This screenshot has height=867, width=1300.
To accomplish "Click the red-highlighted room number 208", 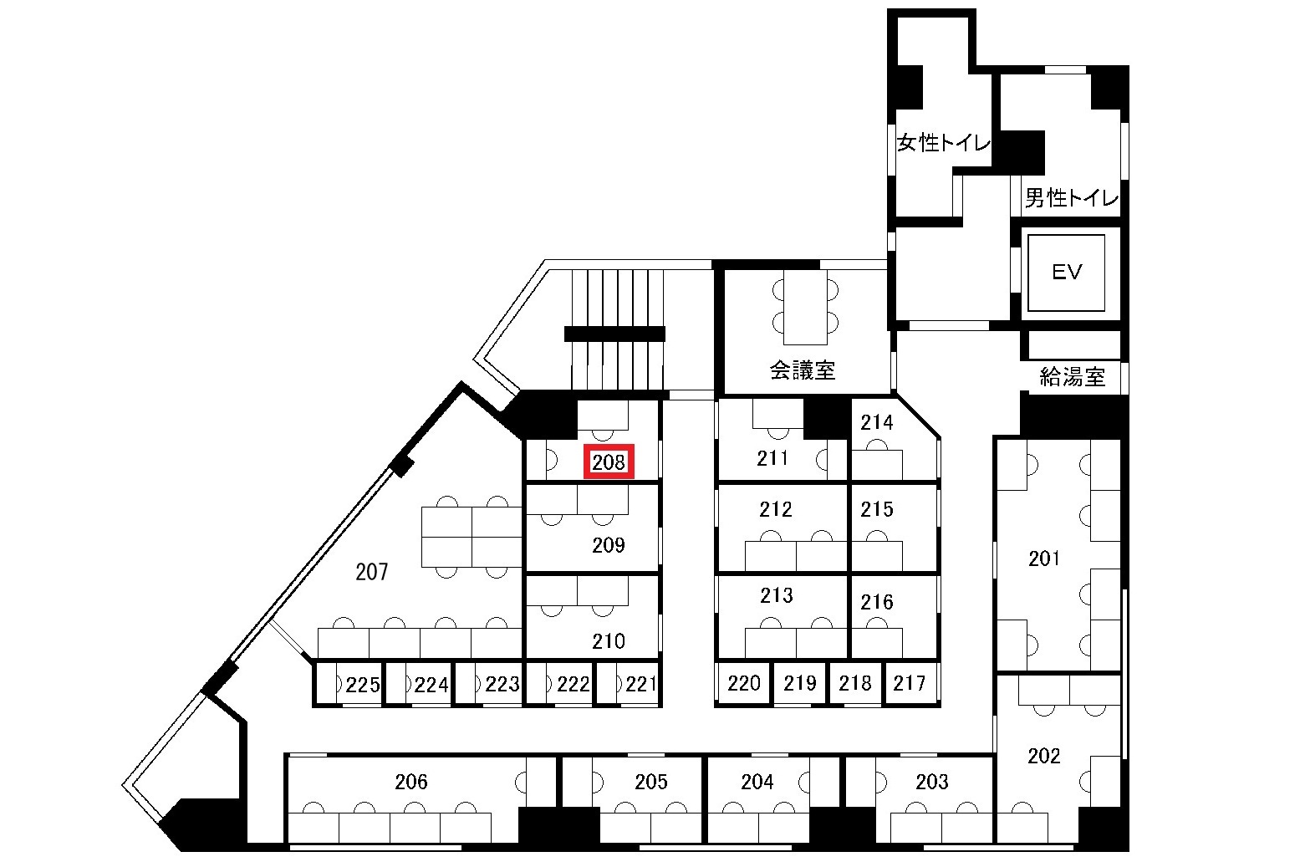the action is tap(609, 462).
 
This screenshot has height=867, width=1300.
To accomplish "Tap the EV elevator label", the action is tap(1067, 272).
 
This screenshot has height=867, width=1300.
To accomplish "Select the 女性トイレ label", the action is tap(943, 142).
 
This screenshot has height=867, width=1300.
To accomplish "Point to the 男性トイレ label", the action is tap(1071, 198).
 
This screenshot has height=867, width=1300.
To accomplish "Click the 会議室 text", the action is tap(803, 370).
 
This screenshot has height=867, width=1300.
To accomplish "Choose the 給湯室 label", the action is tap(1072, 377).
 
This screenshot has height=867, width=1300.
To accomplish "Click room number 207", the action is tap(371, 572).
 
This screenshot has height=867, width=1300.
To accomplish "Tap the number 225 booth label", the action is tap(363, 685).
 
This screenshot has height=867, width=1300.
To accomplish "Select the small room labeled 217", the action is tap(910, 683).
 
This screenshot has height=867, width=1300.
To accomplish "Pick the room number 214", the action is tap(876, 422).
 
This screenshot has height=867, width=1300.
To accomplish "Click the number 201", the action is tap(1044, 558).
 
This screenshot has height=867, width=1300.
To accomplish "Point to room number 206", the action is tap(410, 782).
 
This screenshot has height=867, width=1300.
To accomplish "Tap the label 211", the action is tap(772, 458).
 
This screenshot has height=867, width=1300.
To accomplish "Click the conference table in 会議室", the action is tap(805, 307).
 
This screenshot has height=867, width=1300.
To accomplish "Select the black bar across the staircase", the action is tap(614, 334).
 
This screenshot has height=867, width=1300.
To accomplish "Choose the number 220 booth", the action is tap(744, 683).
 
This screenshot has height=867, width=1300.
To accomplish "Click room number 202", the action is tap(1044, 756).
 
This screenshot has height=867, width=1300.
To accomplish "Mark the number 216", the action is tap(876, 602).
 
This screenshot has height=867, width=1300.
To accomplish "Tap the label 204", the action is tap(757, 782).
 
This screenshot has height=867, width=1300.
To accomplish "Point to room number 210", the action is tap(609, 640).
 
